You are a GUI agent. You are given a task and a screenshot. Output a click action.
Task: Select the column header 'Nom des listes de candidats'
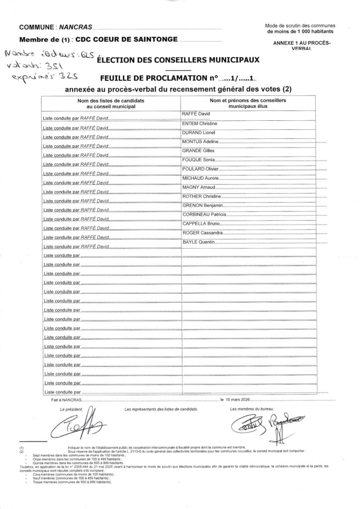107,101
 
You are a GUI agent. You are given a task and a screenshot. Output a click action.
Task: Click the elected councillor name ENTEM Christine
201,123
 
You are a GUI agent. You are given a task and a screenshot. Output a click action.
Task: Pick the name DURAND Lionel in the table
200,133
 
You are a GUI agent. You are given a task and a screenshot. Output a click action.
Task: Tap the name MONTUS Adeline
201,142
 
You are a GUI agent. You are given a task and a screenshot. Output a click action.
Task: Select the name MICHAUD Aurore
201,178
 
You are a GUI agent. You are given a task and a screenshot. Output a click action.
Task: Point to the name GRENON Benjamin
202,205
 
